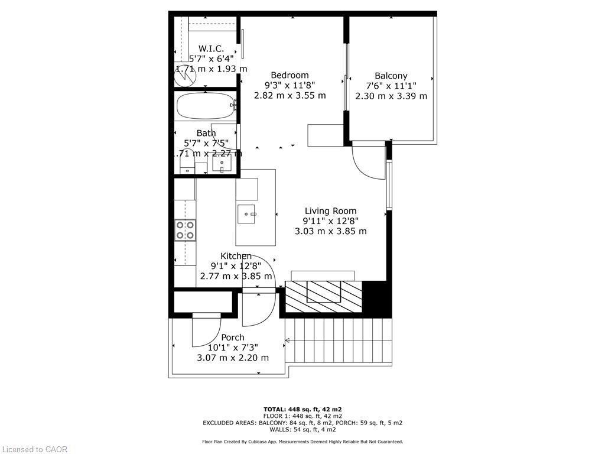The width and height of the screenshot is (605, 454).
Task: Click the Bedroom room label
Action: pyautogui.click(x=290, y=75)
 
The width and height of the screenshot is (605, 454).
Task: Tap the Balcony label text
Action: pyautogui.click(x=391, y=76)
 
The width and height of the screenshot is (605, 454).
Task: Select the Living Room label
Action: pyautogui.click(x=330, y=211)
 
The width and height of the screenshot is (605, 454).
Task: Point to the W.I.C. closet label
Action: pyautogui.click(x=211, y=48)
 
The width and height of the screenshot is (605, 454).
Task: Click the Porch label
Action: pyautogui.click(x=233, y=338)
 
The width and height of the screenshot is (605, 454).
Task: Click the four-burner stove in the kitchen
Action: pyautogui.click(x=185, y=229)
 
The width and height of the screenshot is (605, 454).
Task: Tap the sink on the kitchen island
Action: pyautogui.click(x=247, y=214)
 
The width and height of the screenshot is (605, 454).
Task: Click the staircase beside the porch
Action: pyautogui.click(x=338, y=342)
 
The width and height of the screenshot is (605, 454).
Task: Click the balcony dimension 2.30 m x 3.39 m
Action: pyautogui.click(x=391, y=96)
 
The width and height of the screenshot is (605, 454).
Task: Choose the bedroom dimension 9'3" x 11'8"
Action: pyautogui.click(x=290, y=85)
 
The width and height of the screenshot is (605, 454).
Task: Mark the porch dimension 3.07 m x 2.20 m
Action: pyautogui.click(x=233, y=358)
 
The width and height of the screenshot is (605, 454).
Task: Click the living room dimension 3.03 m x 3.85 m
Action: pyautogui.click(x=330, y=231)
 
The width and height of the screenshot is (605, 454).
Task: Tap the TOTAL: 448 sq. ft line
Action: pyautogui.click(x=302, y=409)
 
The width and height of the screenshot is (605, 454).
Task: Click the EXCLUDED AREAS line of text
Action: pyautogui.click(x=302, y=423)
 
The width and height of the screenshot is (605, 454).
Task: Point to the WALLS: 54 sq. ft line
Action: pyautogui.click(x=302, y=430)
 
